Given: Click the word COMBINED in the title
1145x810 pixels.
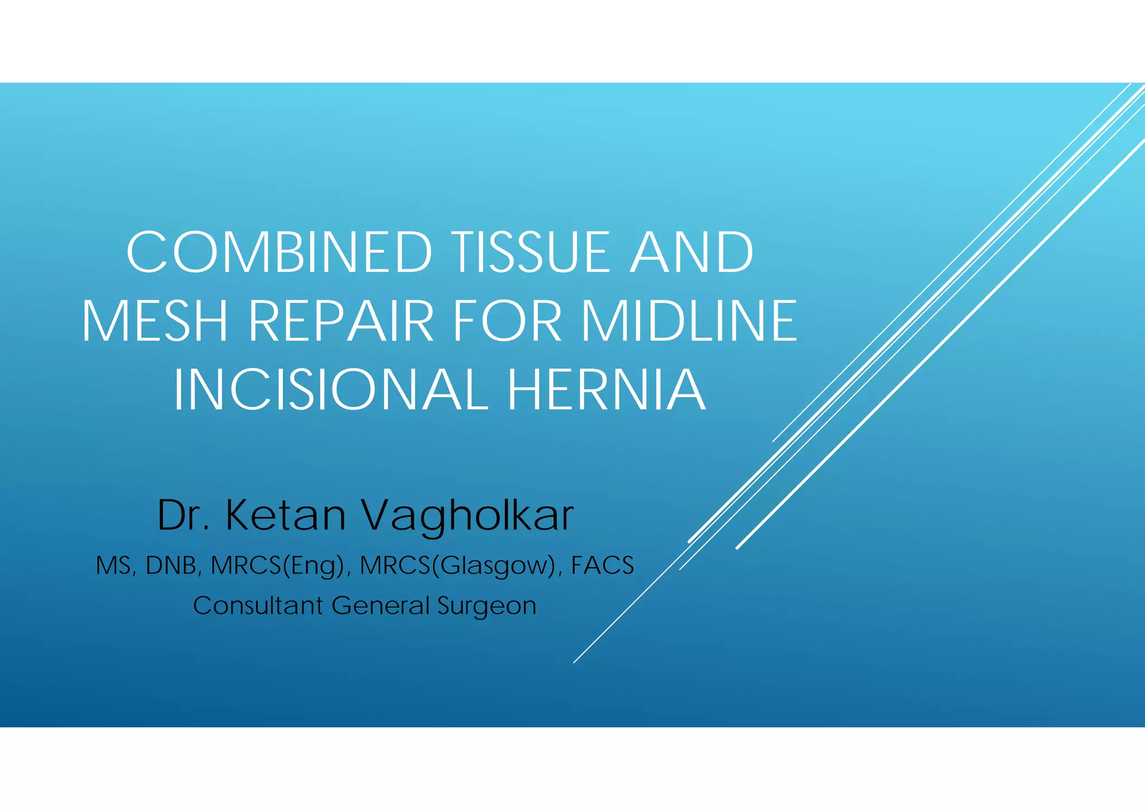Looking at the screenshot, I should (280, 252).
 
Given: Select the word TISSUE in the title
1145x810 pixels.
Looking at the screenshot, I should (531, 252).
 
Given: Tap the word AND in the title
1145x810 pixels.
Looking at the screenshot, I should (692, 252).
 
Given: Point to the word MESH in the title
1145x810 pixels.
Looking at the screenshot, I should (155, 321).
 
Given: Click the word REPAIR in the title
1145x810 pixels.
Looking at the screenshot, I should (340, 321).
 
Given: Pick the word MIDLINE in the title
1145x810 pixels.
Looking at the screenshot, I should (689, 321).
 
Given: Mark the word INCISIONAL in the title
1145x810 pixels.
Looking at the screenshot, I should (330, 390).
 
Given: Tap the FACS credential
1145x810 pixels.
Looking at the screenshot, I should (602, 566).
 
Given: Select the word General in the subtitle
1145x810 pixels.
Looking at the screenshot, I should (380, 606).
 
